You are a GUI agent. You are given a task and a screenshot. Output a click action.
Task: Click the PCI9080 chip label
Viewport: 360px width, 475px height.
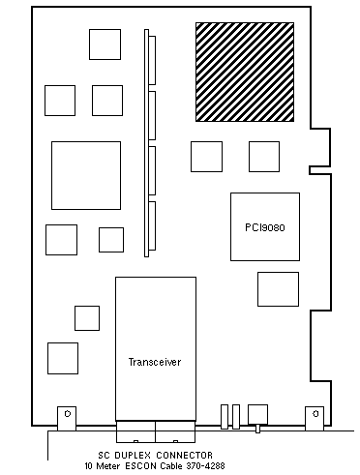pos(265,227)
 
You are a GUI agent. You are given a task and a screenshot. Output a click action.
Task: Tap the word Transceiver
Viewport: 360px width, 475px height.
pos(155,362)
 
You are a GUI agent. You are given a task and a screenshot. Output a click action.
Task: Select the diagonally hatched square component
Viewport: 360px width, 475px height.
pos(245,72)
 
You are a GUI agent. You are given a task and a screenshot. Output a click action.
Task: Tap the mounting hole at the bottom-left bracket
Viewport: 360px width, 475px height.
pos(68,414)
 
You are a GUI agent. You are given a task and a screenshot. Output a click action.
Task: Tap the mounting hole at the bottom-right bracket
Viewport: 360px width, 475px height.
pos(315,414)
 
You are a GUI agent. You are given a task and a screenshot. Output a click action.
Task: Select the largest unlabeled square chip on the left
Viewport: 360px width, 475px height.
pos(86,175)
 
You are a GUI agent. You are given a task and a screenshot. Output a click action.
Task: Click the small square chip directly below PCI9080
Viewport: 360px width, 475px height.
pos(278,289)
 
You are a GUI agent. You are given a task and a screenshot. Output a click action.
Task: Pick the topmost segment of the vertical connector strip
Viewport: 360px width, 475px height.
pos(152,60)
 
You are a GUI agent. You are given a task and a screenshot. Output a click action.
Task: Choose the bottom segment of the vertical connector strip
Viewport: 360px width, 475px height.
pos(152,225)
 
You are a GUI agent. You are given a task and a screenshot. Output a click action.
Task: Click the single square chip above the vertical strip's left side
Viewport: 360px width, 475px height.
pos(105,45)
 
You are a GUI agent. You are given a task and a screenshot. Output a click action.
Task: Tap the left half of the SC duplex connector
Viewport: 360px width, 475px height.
pos(135,431)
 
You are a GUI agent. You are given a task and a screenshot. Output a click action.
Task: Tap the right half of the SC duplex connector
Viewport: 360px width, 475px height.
pos(175,431)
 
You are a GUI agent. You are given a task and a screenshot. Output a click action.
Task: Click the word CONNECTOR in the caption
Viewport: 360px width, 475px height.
pos(185,456)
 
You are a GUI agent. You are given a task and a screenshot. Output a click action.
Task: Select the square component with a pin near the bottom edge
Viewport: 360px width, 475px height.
pos(257,415)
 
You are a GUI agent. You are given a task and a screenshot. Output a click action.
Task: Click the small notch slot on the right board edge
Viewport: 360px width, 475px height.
pos(320,170)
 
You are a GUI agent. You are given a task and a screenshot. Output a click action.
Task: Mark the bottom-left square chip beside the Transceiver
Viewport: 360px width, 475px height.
pos(63,358)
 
